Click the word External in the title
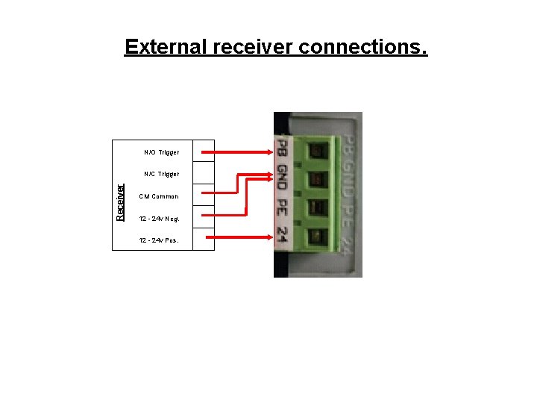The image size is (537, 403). (166, 47)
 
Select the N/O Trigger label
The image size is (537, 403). (161, 152)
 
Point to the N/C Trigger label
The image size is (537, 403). (161, 174)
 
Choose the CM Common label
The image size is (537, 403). (159, 196)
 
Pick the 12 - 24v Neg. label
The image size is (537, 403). (158, 219)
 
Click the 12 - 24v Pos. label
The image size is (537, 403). (158, 240)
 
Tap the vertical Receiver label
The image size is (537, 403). (120, 202)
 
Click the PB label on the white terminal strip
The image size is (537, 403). (281, 149)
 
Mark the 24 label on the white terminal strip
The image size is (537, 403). (281, 235)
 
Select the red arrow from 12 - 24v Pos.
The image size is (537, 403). (239, 237)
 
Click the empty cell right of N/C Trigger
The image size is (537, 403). (203, 174)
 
